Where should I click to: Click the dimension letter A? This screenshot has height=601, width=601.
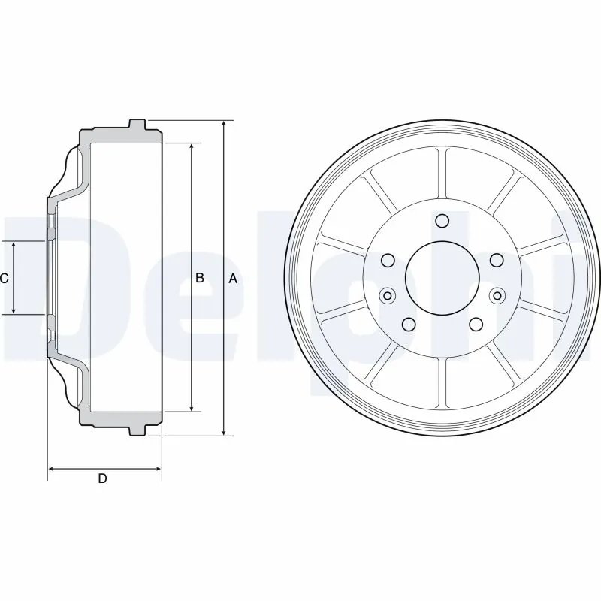233,279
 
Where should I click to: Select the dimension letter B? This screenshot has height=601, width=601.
200,279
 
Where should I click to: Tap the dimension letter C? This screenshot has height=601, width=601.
5,279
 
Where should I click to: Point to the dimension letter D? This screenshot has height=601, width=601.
103,479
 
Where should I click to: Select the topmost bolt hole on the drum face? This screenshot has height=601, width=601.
442,221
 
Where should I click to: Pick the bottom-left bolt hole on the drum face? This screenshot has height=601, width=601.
409,324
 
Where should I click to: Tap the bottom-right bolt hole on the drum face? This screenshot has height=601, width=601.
476,324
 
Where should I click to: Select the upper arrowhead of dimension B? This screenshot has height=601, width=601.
192,147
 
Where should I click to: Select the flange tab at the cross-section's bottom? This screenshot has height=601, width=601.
137,431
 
